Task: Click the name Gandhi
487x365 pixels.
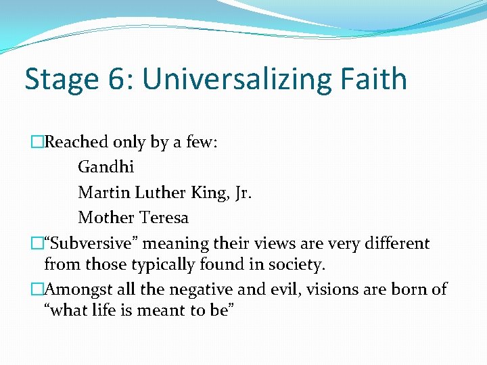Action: pyautogui.click(x=106, y=167)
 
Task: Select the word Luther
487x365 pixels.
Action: pyautogui.click(x=163, y=193)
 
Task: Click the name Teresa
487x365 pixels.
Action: pyautogui.click(x=164, y=218)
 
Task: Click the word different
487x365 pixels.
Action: pyautogui.click(x=392, y=243)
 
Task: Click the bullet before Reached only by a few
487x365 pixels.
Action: pyautogui.click(x=37, y=142)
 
